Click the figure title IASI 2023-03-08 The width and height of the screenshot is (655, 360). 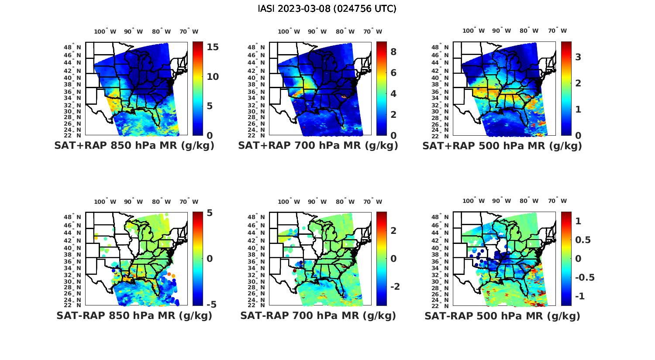pos(327,9)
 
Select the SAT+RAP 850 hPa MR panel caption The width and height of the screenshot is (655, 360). pos(134,146)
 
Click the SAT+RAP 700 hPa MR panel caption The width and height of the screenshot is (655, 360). pos(318,146)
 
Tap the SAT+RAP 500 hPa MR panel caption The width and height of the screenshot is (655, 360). pos(502,146)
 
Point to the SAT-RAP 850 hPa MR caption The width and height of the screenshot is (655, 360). pos(134,315)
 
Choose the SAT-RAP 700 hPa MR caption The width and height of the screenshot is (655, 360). pos(318,315)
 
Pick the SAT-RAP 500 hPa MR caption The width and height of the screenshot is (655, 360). pos(502,315)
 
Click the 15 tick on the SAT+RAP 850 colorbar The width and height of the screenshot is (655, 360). pos(213,48)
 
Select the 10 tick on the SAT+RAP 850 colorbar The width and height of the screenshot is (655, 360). pos(213,77)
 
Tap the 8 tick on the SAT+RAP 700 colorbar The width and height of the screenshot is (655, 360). pos(393,52)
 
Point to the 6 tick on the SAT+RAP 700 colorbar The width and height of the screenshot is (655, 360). pos(393,73)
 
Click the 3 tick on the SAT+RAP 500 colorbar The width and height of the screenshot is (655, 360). pos(578,57)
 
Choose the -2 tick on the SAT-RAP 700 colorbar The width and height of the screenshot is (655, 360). pos(395,287)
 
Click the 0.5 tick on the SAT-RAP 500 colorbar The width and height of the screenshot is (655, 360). pos(584,240)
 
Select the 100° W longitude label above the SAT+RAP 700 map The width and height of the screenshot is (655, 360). pos(289,31)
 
